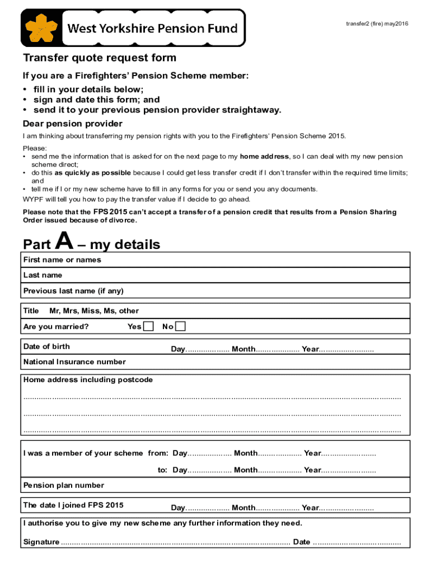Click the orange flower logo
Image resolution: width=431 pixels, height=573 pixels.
coord(40,27)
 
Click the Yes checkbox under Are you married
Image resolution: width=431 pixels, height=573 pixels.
coord(148,326)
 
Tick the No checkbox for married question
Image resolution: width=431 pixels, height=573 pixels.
coord(180,326)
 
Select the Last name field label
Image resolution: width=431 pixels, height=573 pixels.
coord(43,275)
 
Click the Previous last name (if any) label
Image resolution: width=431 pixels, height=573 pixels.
coord(73,291)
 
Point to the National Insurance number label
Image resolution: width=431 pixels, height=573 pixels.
coord(74,362)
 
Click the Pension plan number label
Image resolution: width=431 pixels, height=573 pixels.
coord(64,485)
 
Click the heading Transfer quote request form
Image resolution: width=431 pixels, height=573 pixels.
coord(100,58)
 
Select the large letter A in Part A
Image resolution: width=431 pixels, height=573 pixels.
coord(64,242)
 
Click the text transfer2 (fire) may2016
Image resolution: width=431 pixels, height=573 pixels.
coord(377,23)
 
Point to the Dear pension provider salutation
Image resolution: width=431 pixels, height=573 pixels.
coord(72,124)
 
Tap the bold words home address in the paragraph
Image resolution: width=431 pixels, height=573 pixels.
coord(264,157)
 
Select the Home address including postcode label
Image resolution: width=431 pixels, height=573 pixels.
coord(88,380)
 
